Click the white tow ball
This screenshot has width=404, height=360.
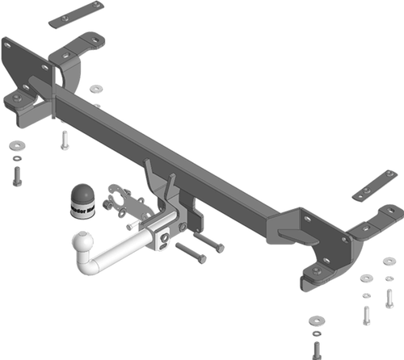[x=83, y=242]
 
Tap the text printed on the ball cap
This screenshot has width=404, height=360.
[x=82, y=211]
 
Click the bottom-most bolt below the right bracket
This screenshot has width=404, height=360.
[x=316, y=350]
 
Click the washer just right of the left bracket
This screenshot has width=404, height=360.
[x=97, y=87]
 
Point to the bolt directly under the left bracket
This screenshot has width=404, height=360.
[x=63, y=142]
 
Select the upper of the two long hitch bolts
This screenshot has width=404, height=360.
[x=208, y=241]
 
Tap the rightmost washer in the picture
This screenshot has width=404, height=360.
[x=389, y=261]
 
